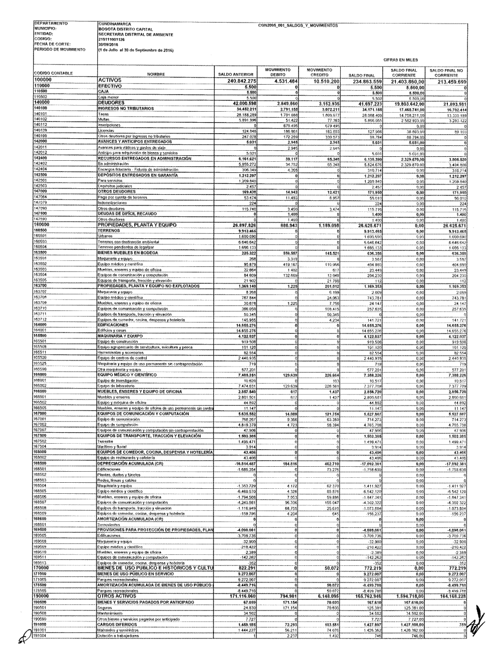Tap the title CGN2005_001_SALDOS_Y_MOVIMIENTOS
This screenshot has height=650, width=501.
click(x=298, y=26)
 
